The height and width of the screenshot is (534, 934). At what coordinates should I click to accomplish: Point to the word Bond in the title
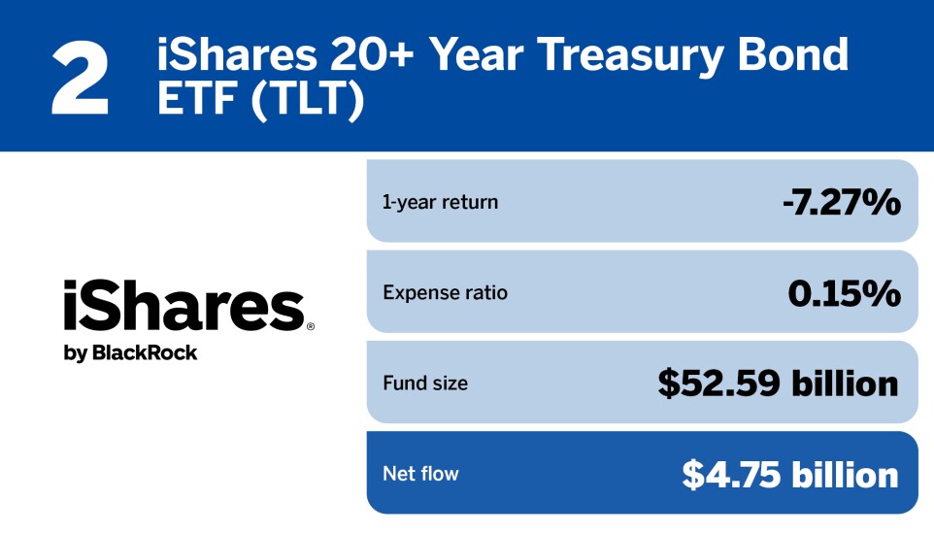point(795,56)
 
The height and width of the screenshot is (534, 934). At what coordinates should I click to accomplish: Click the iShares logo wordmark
point(183,306)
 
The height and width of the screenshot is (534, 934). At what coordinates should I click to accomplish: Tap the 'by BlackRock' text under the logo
point(130,353)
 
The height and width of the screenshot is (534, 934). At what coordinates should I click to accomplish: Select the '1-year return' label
point(440,203)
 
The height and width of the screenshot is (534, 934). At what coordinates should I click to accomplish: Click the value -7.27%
point(842,203)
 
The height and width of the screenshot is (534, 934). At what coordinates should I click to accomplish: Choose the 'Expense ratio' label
point(445,292)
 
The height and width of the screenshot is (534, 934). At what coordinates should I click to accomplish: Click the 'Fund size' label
point(424,384)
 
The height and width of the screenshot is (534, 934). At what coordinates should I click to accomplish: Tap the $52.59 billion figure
point(778,384)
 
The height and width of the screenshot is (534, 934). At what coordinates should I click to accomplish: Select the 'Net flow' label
point(420,474)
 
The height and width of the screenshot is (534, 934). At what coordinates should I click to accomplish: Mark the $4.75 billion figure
point(789,474)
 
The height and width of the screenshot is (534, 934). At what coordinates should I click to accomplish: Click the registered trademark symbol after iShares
point(310,328)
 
